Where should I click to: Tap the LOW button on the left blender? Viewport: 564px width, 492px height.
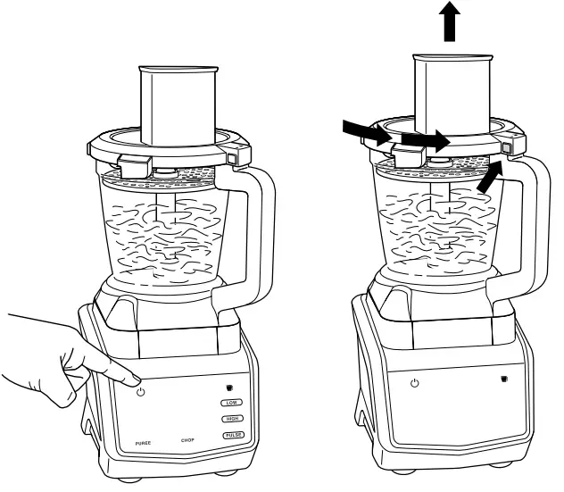[233, 404]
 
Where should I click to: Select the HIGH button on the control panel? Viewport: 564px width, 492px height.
[233, 419]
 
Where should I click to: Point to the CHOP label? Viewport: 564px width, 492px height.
[188, 440]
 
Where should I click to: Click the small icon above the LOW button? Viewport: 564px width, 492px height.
[229, 388]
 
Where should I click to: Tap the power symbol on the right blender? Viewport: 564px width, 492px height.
[414, 382]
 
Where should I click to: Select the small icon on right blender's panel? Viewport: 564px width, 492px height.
[503, 379]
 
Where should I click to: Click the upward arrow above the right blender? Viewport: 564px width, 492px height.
[452, 20]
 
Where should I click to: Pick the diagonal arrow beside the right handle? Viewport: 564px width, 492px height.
[487, 179]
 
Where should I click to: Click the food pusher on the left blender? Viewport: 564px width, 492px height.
[179, 103]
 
